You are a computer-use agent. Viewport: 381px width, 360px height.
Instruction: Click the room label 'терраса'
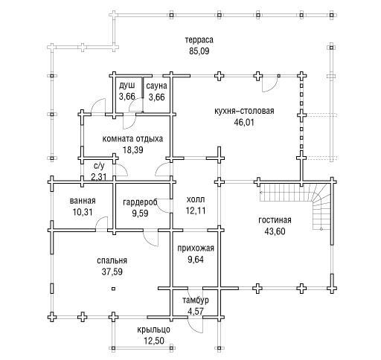tap(199, 39)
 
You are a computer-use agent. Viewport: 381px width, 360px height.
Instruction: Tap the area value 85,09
tap(199, 51)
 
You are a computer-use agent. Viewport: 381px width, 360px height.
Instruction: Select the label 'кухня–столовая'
tap(244, 111)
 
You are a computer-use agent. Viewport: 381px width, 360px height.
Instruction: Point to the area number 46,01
tap(244, 123)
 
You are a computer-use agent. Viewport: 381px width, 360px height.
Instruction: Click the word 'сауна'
tap(156, 86)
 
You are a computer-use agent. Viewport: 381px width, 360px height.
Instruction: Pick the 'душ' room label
tap(127, 86)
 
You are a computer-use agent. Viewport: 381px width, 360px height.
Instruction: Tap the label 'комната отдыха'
tap(132, 138)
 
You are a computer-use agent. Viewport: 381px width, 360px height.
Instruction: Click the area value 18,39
tap(133, 150)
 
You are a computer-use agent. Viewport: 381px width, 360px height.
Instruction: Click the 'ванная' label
tap(83, 201)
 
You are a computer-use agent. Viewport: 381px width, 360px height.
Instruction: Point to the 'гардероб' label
tap(140, 202)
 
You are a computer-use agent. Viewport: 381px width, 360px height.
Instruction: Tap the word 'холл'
tap(196, 199)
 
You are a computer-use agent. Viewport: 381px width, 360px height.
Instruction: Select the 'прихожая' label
tap(196, 248)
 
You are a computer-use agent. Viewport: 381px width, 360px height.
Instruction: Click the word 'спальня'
tap(112, 260)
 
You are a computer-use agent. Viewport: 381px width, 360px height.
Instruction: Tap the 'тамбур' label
tap(196, 300)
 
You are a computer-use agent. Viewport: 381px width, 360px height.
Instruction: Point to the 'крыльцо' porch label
tap(154, 330)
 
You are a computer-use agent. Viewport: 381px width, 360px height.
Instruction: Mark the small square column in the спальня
tap(113, 289)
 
